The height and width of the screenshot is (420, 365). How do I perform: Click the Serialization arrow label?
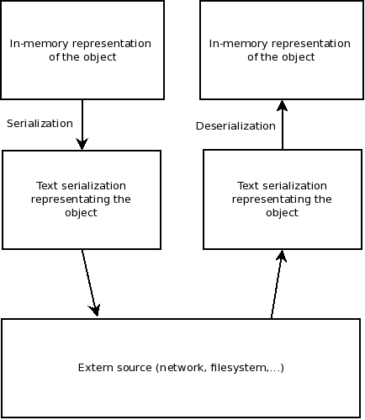(40, 124)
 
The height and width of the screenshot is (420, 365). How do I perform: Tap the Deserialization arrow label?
(235, 126)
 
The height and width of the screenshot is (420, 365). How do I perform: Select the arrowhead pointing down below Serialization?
(82, 144)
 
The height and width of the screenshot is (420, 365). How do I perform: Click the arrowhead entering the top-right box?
(282, 105)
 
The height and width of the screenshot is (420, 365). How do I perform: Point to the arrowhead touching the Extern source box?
(95, 310)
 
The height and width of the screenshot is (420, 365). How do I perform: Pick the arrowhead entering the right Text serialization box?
(282, 256)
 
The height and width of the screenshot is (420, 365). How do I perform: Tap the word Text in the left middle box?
(46, 186)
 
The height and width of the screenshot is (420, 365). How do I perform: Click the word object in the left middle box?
(81, 213)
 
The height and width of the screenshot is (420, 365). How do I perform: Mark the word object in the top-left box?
(100, 57)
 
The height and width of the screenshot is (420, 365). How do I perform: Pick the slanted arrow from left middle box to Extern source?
(90, 283)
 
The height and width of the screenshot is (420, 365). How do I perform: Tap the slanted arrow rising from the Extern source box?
(277, 284)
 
